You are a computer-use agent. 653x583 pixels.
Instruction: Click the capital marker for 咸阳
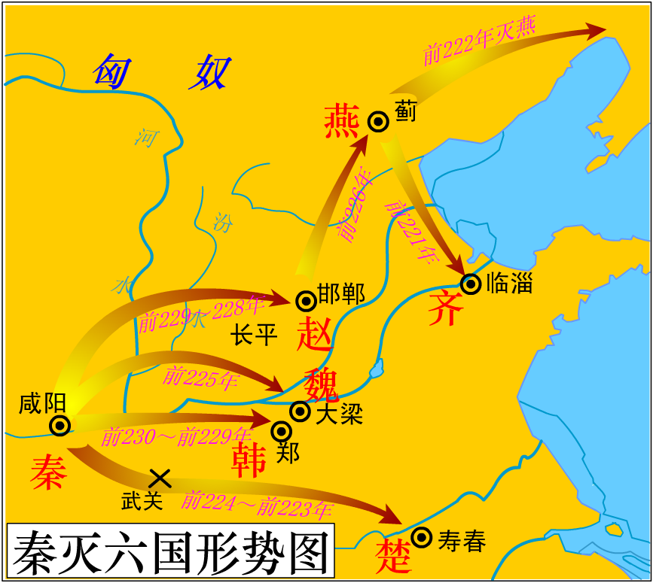click(x=60, y=426)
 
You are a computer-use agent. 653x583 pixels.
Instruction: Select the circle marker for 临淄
click(x=471, y=284)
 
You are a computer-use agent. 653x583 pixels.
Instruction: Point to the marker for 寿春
click(x=422, y=538)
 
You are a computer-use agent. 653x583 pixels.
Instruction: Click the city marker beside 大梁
click(x=301, y=411)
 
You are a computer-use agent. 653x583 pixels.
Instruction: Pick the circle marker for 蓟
click(x=378, y=121)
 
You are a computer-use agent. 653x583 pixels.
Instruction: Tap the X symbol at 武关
click(x=160, y=477)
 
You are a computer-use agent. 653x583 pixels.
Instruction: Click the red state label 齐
click(x=445, y=309)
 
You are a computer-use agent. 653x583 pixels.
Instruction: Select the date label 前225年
click(x=200, y=376)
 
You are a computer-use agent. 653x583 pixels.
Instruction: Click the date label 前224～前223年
click(x=257, y=504)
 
